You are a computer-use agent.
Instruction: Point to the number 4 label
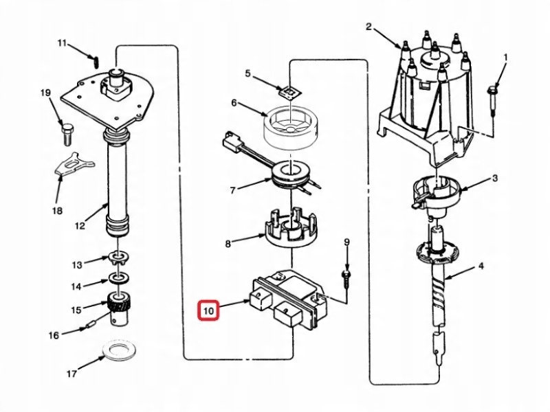(x=481, y=266)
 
